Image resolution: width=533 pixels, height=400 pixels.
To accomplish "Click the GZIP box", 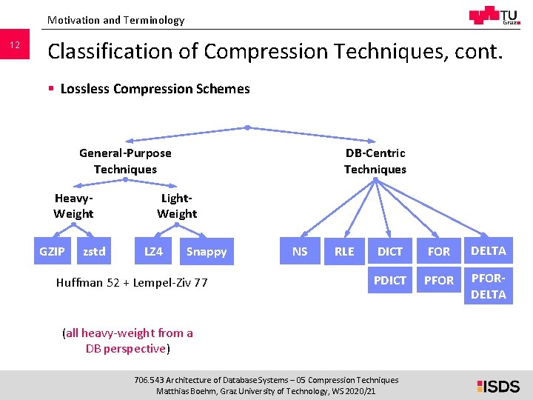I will click(x=52, y=252).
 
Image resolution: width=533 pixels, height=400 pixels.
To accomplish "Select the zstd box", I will click(x=94, y=252).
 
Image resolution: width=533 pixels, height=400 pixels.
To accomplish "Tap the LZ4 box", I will click(x=153, y=252).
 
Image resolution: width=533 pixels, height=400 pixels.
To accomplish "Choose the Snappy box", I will click(x=207, y=252).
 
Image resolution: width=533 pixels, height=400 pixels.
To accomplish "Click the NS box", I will click(x=300, y=252).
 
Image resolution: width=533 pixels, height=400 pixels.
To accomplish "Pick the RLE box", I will click(x=344, y=252).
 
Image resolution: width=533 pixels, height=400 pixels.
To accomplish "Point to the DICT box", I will click(x=390, y=252).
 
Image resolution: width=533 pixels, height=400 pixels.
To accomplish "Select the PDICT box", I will click(x=390, y=281).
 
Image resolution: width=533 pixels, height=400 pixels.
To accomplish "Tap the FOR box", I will click(x=439, y=252).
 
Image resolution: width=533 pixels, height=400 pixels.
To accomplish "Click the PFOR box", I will click(x=439, y=281).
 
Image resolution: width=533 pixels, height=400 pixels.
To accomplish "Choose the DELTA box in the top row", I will click(x=489, y=251).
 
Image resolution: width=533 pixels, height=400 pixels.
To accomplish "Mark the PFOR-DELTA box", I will click(x=489, y=287).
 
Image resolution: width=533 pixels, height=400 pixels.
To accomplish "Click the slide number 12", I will click(x=15, y=47).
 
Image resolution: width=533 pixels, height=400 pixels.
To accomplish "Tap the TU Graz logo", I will click(x=494, y=16).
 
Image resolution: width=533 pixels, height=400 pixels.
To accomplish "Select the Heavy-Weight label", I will click(x=73, y=206).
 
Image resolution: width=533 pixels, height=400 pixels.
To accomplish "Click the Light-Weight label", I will click(x=177, y=206).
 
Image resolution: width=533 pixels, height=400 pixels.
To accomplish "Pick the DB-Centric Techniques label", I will click(x=375, y=161).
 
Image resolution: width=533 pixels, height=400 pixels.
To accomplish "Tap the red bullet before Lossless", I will click(x=51, y=89).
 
